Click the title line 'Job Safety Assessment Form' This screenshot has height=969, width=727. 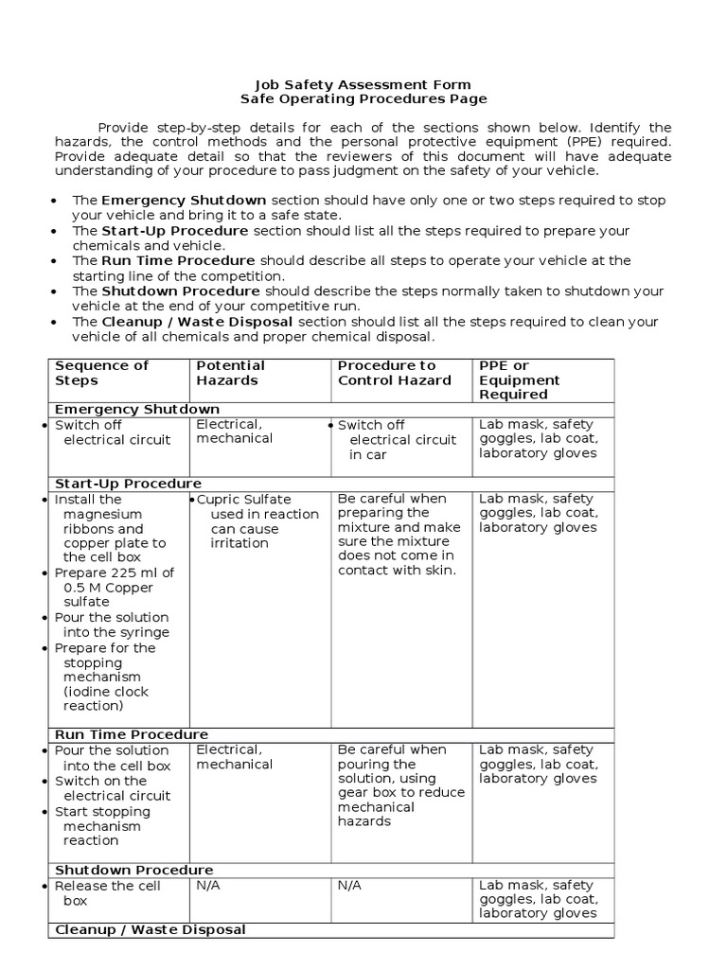click(x=364, y=84)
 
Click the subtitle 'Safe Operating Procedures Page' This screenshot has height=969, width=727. click(x=364, y=98)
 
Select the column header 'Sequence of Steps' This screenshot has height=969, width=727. click(x=102, y=373)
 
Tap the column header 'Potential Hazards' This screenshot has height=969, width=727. click(x=231, y=373)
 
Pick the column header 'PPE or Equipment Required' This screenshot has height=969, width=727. click(x=519, y=379)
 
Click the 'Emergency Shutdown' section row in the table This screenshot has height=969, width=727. click(x=137, y=409)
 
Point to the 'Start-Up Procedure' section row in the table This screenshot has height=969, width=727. click(x=128, y=484)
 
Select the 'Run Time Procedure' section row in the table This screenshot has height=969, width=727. click(x=132, y=734)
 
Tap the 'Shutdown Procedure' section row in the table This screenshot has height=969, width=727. click(x=133, y=870)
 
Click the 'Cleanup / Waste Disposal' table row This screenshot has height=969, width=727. click(x=150, y=929)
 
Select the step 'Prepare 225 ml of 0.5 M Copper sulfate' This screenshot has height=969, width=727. click(x=114, y=587)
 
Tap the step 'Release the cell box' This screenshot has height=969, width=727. click(x=107, y=893)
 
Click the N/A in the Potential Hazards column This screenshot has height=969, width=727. click(x=208, y=886)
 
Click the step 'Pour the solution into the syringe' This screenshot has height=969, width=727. click(x=112, y=625)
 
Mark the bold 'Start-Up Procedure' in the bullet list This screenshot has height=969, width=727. click(x=175, y=231)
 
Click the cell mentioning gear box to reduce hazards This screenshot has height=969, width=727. click(x=400, y=785)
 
